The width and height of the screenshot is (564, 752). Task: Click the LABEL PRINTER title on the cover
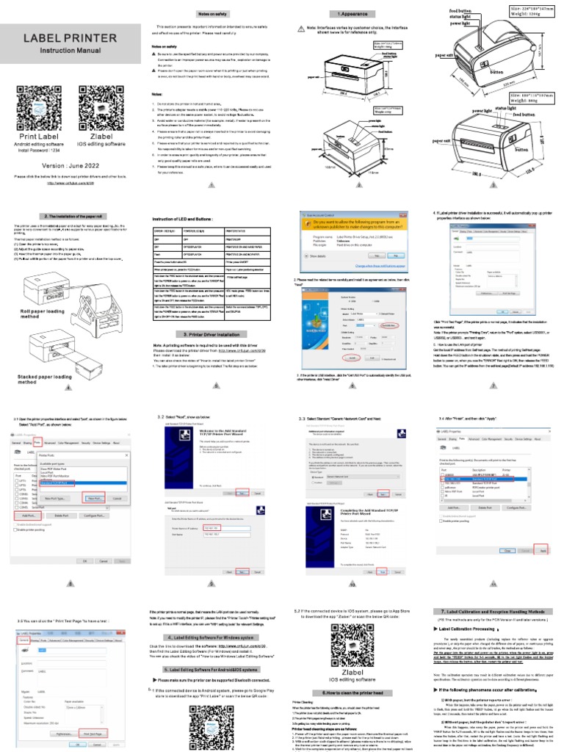[x=70, y=38]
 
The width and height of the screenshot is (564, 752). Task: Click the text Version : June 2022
[x=70, y=165]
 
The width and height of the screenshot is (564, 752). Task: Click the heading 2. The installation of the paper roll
[x=70, y=217]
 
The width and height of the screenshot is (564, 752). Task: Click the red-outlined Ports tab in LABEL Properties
[x=37, y=443]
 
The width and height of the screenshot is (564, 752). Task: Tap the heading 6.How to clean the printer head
[x=352, y=693]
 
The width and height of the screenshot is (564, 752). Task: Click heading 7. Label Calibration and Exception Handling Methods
[x=493, y=611]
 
